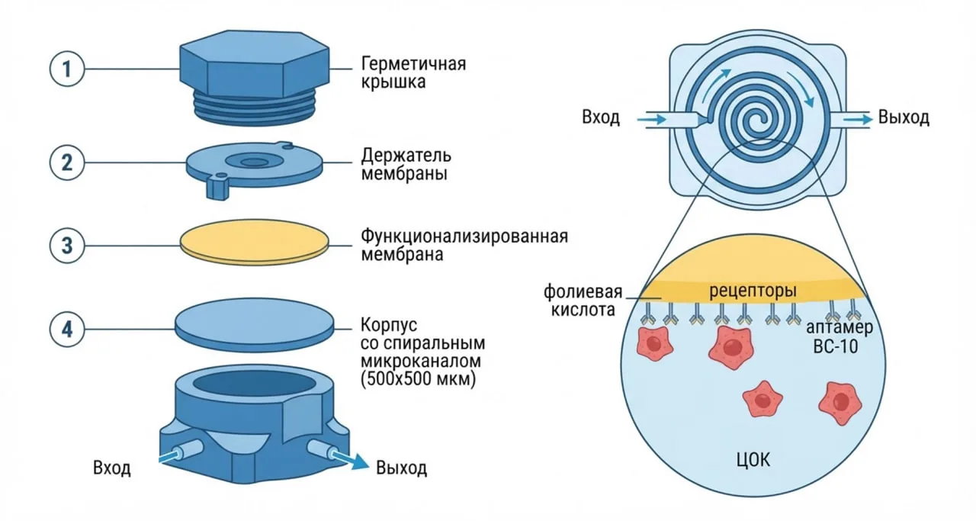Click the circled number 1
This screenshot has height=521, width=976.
[66, 69]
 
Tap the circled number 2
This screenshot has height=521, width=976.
[66, 162]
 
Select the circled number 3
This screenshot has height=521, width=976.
[66, 246]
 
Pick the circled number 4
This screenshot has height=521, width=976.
[66, 330]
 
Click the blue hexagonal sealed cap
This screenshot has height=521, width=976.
[255, 76]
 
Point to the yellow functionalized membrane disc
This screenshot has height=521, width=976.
[255, 243]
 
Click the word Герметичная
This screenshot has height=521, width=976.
[413, 64]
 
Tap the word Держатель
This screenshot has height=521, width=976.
[406, 155]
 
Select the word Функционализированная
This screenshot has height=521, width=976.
[464, 236]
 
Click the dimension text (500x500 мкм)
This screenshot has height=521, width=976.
[419, 379]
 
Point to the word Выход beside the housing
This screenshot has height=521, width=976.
[401, 468]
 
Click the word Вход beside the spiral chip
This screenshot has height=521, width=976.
[601, 117]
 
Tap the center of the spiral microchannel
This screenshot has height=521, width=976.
[757, 118]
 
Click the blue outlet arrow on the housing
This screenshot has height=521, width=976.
[352, 461]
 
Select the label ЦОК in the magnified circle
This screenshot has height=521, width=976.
[753, 460]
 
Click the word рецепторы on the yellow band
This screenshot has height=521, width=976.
[753, 291]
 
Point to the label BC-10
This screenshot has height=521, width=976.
[836, 346]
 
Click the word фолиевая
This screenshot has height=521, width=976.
[583, 291]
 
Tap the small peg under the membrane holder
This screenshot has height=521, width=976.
[218, 187]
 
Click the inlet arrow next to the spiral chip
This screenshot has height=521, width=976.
[652, 119]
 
